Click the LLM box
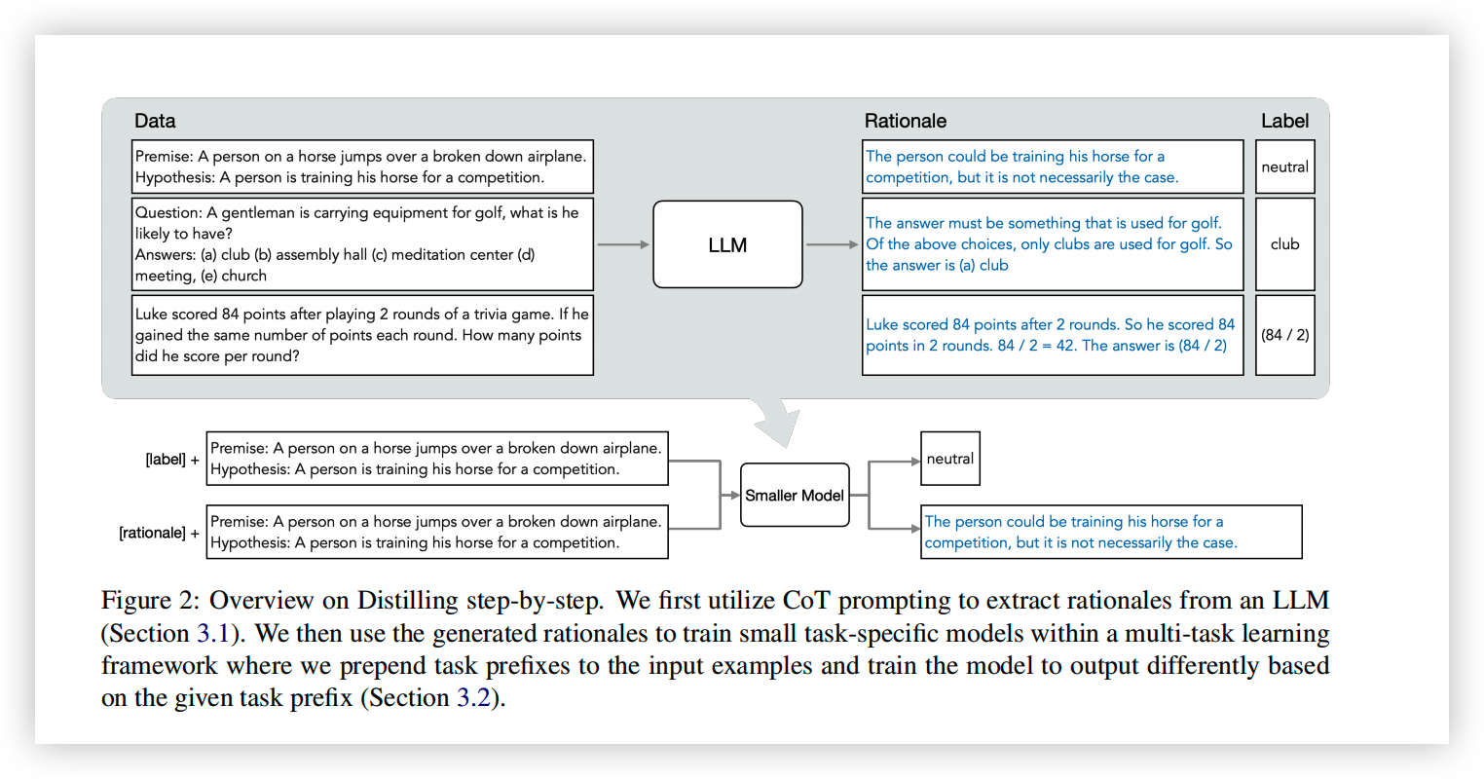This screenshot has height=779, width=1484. click(727, 244)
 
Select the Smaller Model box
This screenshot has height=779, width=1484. click(795, 495)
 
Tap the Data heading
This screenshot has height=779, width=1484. click(155, 121)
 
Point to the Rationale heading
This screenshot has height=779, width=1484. click(905, 121)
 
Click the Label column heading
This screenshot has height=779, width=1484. click(1284, 121)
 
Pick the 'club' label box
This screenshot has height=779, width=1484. click(1285, 244)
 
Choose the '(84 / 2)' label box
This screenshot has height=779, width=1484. click(1285, 335)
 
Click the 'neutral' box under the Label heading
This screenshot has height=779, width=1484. click(1285, 167)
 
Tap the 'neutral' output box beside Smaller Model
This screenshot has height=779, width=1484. click(950, 459)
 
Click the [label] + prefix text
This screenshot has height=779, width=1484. click(172, 459)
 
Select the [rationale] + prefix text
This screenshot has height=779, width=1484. click(159, 533)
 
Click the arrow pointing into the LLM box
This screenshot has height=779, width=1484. click(623, 244)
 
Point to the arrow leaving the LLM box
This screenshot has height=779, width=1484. click(833, 244)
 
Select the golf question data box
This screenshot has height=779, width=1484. click(362, 244)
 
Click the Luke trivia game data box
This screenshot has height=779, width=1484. click(362, 335)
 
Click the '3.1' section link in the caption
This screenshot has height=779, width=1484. click(212, 633)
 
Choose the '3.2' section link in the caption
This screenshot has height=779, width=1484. click(473, 697)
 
